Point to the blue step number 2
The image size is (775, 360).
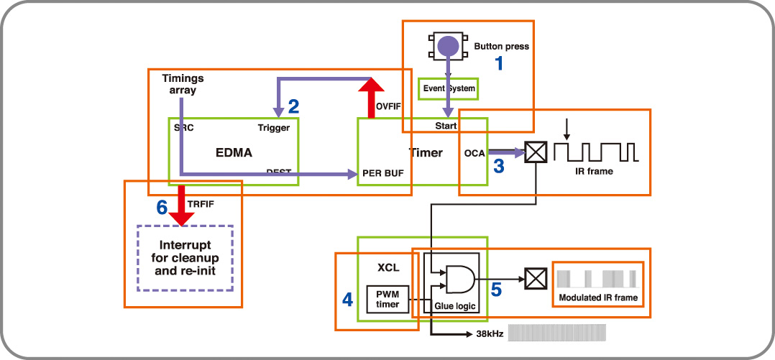(293, 107)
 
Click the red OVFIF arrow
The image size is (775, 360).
(372, 98)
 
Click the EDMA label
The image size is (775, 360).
(234, 153)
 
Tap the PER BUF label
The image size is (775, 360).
(384, 173)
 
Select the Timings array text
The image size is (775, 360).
(183, 84)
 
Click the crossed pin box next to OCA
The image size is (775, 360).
(536, 152)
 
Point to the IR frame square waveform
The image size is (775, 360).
(600, 152)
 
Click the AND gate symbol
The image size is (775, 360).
(459, 278)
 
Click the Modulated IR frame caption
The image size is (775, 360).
(597, 297)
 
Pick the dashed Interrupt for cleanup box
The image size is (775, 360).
(185, 258)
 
